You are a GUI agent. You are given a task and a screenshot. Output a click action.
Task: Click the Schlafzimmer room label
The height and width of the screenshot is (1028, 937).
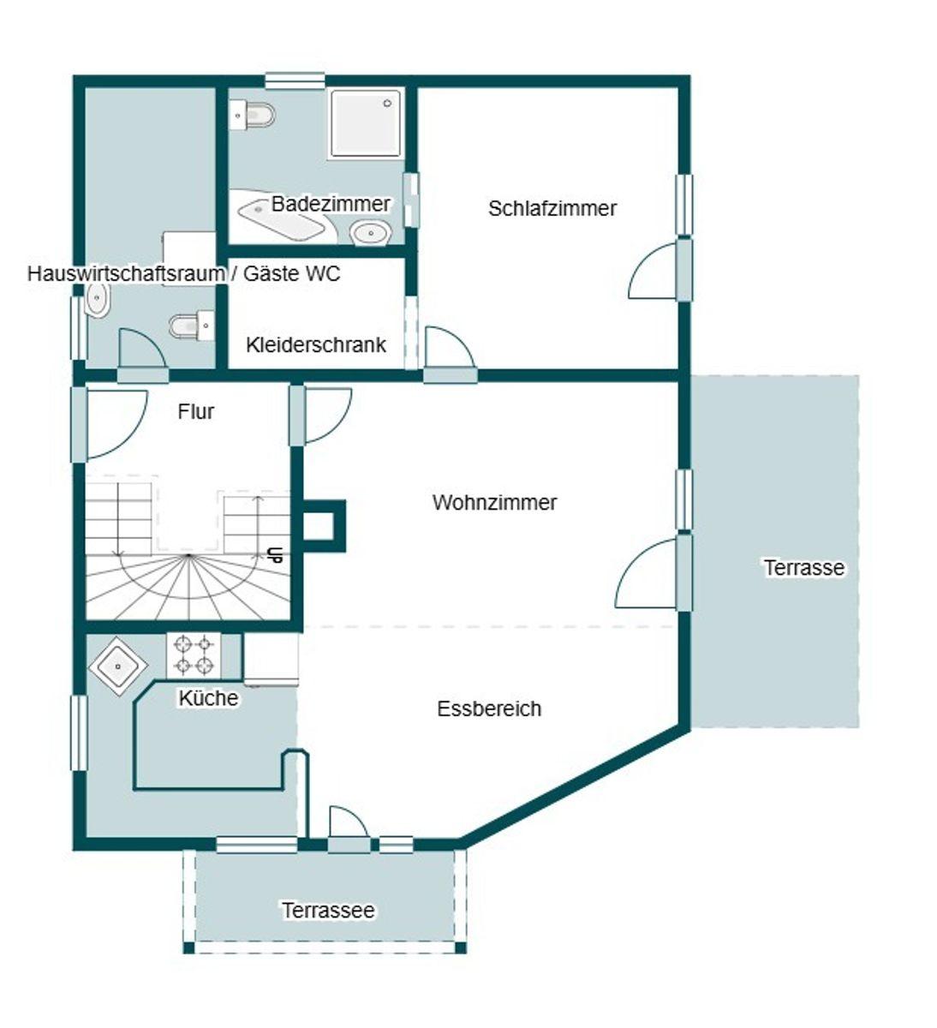pos(552,209)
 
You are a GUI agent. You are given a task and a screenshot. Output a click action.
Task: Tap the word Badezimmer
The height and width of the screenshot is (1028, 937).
pos(331,204)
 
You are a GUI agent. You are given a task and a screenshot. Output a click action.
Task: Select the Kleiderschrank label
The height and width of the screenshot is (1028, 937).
pos(316,345)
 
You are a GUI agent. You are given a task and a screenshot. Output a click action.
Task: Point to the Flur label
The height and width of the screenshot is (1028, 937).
pos(196,411)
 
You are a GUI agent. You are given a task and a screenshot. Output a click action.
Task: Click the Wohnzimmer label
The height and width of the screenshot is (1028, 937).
pos(494,502)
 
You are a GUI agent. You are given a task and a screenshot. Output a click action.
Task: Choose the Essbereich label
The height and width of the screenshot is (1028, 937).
pos(489,708)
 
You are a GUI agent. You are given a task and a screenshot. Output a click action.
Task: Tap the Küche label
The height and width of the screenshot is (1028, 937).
pos(208,698)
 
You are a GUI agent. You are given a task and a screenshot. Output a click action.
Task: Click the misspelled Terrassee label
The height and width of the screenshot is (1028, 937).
pos(328,910)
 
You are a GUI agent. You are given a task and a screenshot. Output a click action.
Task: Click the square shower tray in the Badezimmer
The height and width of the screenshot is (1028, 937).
pos(366,123)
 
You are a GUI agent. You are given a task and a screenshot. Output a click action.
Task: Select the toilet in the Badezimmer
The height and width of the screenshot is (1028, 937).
pos(252,116)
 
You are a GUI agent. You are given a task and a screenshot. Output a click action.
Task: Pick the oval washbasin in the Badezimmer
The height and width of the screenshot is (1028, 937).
pos(371,234)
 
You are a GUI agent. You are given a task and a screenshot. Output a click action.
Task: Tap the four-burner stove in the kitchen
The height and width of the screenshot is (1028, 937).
pos(194,655)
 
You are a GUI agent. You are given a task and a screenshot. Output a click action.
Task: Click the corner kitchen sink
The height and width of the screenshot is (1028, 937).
pos(118,666)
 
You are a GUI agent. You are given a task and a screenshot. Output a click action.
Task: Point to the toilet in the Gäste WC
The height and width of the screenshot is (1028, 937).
pos(192,326)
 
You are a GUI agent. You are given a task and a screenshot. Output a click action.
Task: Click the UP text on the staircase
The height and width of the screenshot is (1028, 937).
pos(277,554)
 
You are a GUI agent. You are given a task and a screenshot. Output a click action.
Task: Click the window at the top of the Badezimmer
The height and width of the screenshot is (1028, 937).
pos(295,81)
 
